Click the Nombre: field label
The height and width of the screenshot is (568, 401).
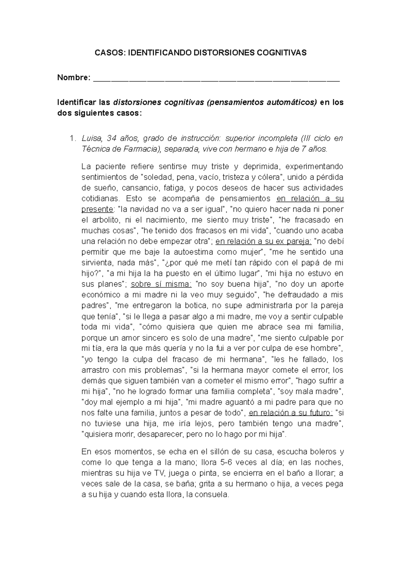click(x=74, y=78)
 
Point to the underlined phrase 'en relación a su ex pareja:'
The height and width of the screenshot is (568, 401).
click(x=264, y=242)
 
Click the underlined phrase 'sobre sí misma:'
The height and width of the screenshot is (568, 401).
click(x=161, y=284)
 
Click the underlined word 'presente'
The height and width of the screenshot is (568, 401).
click(x=97, y=209)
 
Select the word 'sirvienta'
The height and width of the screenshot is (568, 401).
click(x=96, y=263)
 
